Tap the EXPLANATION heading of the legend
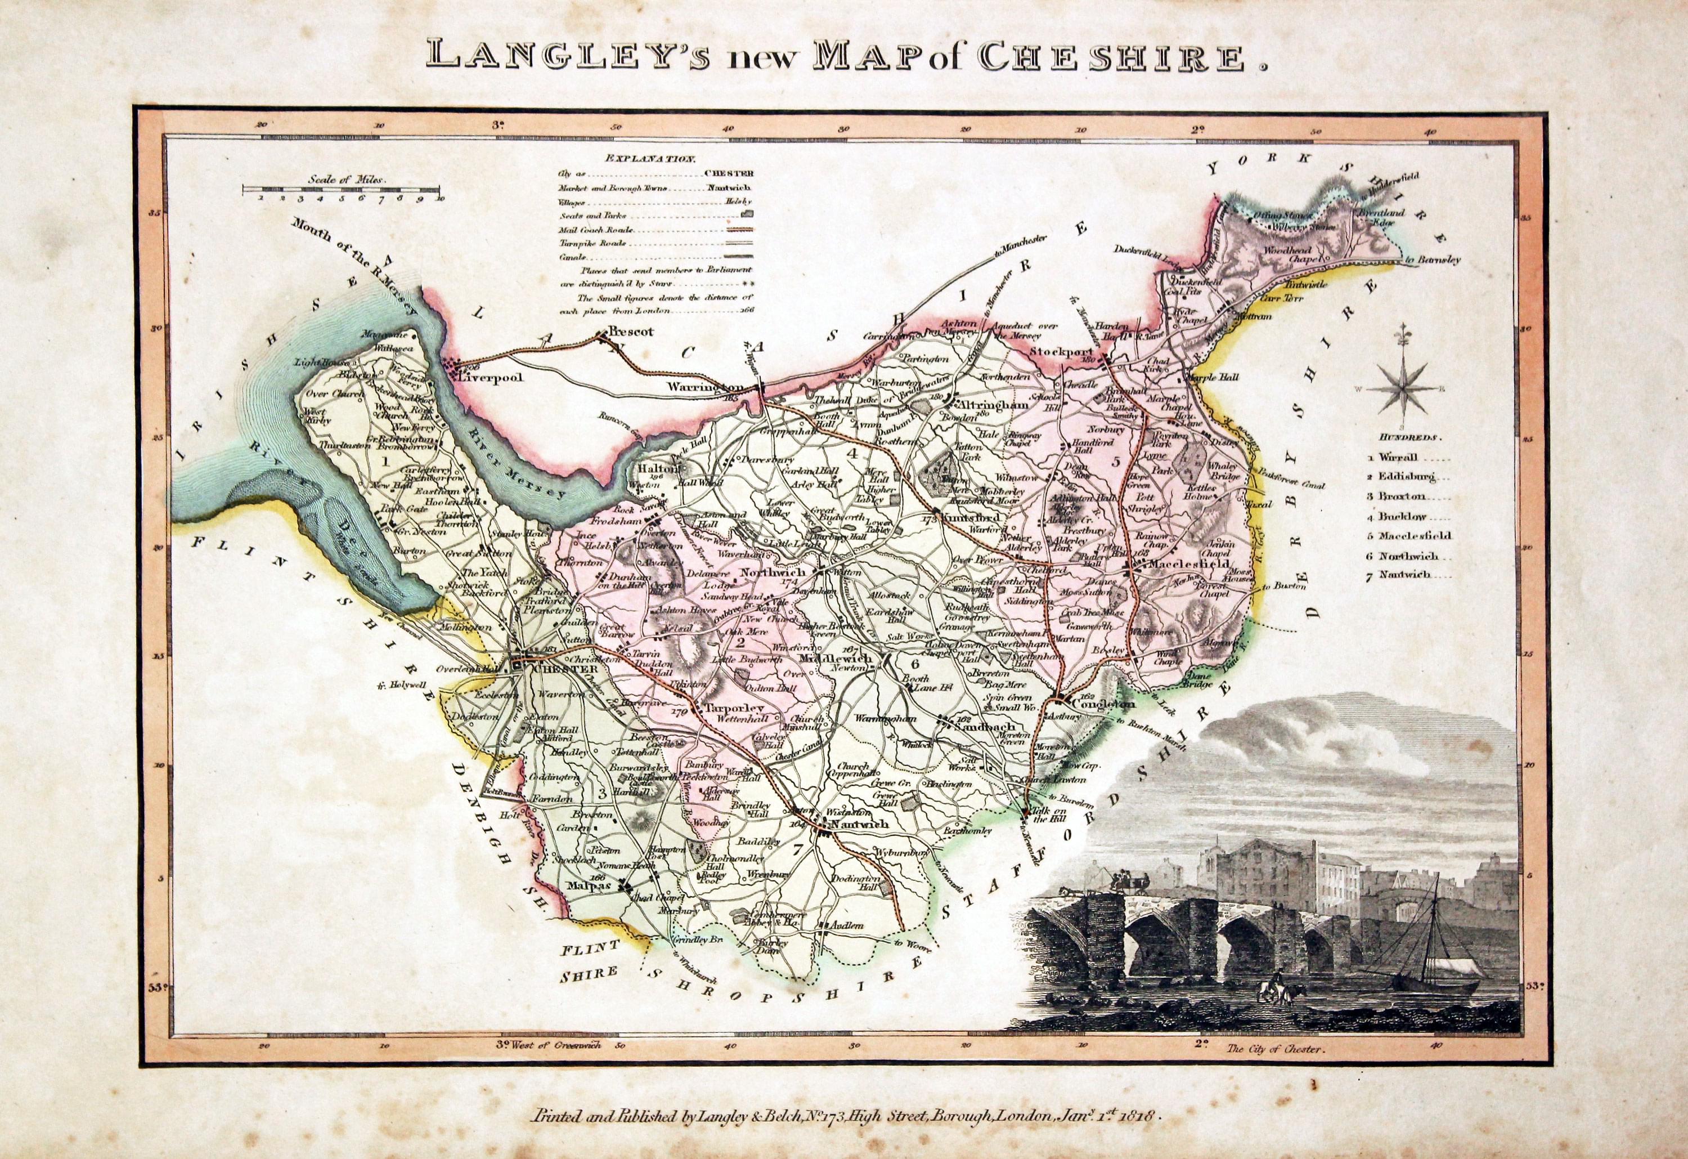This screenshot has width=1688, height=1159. tap(650, 157)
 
